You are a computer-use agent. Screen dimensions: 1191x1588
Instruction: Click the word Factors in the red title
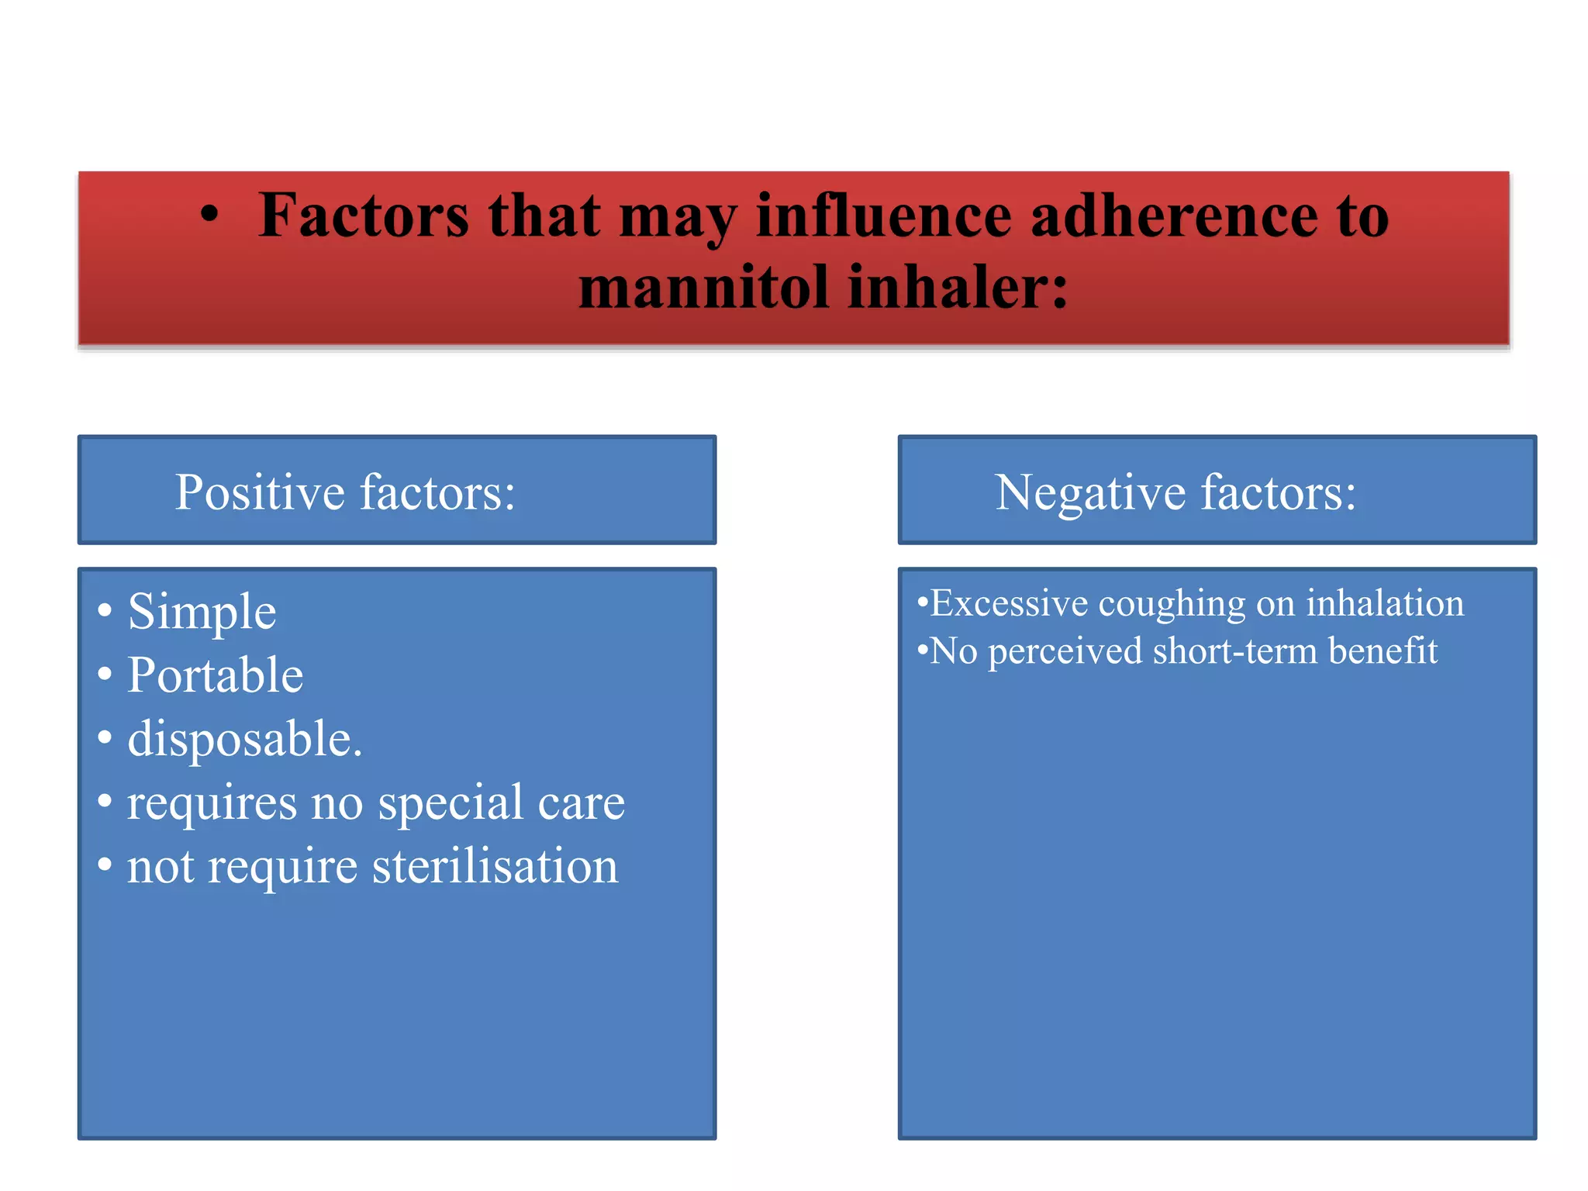[364, 215]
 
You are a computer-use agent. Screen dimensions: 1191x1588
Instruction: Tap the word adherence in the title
[1173, 215]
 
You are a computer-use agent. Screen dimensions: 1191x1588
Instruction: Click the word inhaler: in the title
[958, 287]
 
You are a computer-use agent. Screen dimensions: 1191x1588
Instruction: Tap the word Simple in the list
[202, 612]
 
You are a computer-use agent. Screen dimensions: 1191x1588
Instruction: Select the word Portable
[216, 675]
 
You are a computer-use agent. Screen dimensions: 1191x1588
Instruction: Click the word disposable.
[244, 739]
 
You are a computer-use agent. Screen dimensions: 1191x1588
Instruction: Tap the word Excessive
[1009, 603]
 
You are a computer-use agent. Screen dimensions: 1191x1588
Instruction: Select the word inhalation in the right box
[1385, 603]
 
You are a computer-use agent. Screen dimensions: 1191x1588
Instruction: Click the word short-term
[1234, 651]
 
